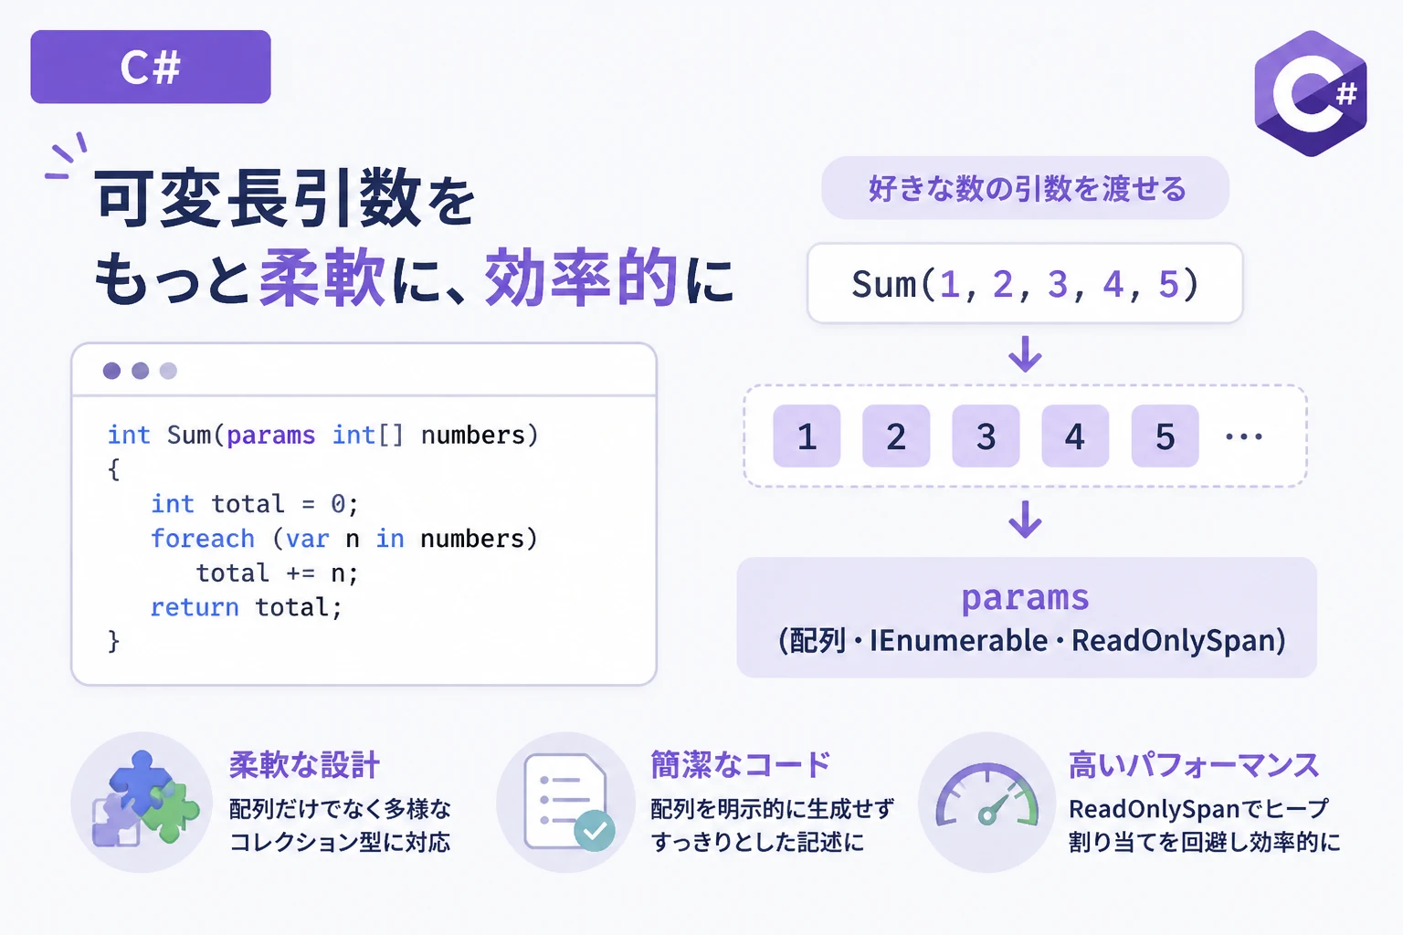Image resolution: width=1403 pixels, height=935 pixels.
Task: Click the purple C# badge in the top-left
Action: (151, 67)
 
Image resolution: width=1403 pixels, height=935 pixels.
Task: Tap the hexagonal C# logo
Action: (1311, 93)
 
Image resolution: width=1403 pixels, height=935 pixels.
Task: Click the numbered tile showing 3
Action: (986, 436)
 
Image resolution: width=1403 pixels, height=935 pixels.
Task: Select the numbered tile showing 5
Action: (1165, 436)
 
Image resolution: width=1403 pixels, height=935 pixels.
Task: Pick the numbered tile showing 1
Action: (807, 436)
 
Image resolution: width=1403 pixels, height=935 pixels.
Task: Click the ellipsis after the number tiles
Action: (1244, 436)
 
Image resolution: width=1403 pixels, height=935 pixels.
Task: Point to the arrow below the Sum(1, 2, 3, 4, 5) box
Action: (1026, 354)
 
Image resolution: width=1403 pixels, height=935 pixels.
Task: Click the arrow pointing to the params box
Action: (1026, 520)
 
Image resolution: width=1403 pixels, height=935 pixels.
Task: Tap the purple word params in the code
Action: (270, 436)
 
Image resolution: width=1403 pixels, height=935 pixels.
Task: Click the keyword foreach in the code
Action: (203, 539)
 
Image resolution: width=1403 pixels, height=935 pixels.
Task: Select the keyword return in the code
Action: (195, 607)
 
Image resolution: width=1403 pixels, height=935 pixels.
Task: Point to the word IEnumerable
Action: (958, 641)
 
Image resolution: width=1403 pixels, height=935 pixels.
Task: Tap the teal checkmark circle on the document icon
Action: (595, 830)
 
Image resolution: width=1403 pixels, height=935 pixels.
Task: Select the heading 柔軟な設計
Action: (304, 765)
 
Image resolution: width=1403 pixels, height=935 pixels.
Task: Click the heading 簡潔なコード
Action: (741, 765)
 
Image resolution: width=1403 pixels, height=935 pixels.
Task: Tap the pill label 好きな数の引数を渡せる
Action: (1026, 188)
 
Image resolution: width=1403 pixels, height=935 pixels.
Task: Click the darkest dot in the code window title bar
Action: (111, 371)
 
